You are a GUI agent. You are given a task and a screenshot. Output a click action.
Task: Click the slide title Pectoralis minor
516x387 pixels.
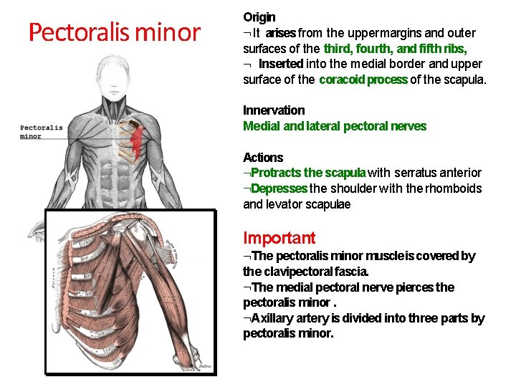[x=114, y=32]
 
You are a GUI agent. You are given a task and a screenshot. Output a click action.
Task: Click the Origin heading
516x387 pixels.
[x=259, y=16]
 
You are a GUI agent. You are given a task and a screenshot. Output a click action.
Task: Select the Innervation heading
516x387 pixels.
[x=274, y=110]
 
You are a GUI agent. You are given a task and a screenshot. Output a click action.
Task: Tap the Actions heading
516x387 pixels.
[x=263, y=158]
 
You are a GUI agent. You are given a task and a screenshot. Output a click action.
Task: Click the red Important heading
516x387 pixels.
[x=279, y=238]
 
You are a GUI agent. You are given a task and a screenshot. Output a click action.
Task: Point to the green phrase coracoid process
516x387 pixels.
[x=363, y=80]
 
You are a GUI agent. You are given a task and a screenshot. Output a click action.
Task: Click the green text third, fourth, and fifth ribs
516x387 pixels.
[x=396, y=49]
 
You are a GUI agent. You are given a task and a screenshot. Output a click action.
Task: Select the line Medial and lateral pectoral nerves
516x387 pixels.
[x=335, y=126]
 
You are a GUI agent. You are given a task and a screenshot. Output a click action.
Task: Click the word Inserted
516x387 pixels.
[x=281, y=64]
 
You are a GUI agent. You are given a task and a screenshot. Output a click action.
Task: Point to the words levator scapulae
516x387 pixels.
[x=309, y=204]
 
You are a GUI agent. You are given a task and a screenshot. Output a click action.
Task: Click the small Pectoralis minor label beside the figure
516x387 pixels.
[x=41, y=132]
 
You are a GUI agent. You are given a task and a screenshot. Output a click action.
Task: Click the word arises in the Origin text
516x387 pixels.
[x=281, y=33]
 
